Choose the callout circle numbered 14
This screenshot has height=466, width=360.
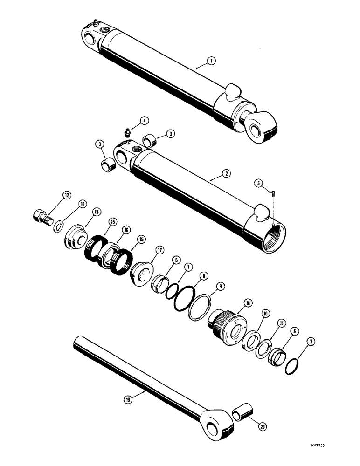point(97,212)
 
